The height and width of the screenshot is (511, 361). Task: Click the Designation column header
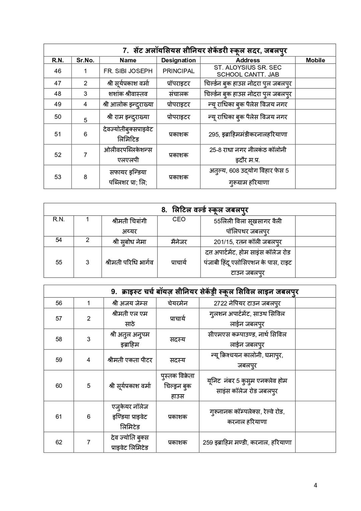point(178,60)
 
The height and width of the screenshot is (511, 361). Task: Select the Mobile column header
point(315,60)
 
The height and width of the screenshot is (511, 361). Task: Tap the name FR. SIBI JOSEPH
point(128,71)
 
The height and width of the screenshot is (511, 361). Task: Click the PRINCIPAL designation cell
point(178,71)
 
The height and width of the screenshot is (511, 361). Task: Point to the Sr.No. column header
point(85,60)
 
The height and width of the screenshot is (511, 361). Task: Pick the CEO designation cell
point(179,219)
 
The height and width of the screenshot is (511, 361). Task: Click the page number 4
point(316,485)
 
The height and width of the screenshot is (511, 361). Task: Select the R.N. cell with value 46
point(58,71)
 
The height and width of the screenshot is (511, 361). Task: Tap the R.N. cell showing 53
point(58,177)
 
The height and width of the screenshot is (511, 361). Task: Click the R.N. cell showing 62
point(59,442)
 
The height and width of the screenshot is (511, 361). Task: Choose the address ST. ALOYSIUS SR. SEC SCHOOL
point(248,71)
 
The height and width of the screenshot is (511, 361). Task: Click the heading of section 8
point(205,210)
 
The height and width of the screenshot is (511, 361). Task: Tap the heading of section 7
point(205,51)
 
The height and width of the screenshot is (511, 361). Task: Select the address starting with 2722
point(247,303)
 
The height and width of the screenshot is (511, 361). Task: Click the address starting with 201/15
point(248,242)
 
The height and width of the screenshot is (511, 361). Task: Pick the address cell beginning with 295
point(248,135)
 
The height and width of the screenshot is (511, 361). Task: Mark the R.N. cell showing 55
point(59,262)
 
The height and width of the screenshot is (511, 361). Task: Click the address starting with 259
point(247,442)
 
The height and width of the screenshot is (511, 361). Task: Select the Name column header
point(128,60)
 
